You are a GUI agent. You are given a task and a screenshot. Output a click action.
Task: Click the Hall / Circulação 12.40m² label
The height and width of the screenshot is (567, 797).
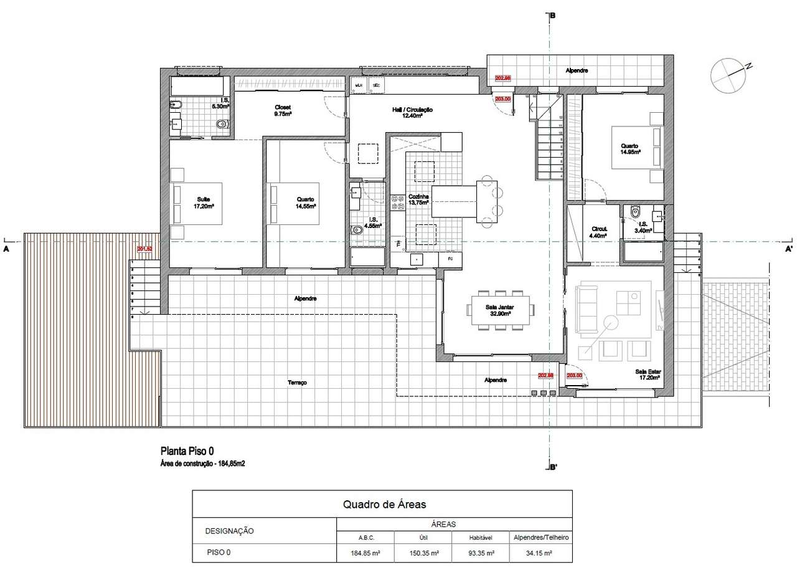(412, 112)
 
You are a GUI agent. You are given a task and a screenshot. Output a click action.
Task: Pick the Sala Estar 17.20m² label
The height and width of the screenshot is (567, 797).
(649, 374)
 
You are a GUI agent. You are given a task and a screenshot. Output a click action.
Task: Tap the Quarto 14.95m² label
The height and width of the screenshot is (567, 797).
(631, 148)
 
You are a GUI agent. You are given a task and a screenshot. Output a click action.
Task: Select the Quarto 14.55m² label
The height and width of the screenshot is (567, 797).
(306, 203)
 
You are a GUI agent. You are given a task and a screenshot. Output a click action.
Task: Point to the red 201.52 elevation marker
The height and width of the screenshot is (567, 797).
(144, 249)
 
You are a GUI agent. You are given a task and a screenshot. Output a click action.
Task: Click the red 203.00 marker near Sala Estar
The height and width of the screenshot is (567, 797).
(574, 376)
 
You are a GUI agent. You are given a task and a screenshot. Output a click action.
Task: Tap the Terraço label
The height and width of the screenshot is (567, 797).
(298, 383)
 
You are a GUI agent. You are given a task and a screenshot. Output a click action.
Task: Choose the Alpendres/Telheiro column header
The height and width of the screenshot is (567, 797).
(540, 537)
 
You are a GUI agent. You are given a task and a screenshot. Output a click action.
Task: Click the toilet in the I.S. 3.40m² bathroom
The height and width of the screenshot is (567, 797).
(634, 212)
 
